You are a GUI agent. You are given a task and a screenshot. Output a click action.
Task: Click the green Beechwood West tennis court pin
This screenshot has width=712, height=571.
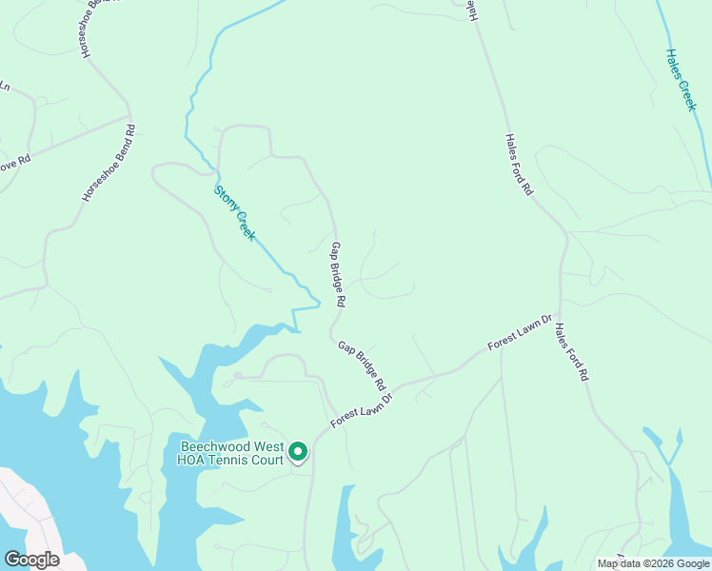[x=298, y=452]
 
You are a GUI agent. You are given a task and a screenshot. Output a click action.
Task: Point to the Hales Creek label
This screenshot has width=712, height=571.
[x=681, y=81]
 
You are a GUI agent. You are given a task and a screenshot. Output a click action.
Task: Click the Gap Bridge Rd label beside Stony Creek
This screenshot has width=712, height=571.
[x=337, y=274]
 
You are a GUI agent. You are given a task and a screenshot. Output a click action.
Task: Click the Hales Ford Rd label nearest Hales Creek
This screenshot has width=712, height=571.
[x=518, y=164]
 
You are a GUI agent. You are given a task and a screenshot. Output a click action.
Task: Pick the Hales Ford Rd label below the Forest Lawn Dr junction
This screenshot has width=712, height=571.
[x=572, y=352]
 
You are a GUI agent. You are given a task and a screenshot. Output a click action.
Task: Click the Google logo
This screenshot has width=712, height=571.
[x=32, y=560]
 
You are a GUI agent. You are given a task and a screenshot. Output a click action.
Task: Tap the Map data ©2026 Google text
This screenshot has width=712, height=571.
[x=653, y=563]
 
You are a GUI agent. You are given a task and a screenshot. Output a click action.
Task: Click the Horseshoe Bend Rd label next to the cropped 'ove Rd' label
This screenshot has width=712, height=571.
[x=108, y=163]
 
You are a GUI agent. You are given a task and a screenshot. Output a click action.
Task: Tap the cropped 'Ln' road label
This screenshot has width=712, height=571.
[x=5, y=87]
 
